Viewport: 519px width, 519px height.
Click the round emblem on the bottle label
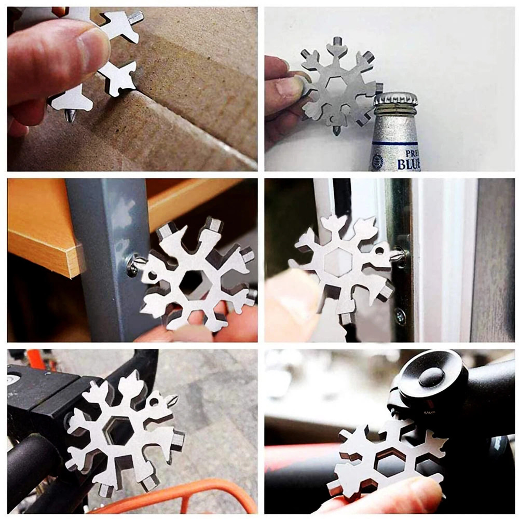[377, 161]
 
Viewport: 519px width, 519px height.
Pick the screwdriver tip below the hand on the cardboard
[69, 115]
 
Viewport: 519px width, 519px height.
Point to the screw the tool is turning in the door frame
[401, 255]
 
